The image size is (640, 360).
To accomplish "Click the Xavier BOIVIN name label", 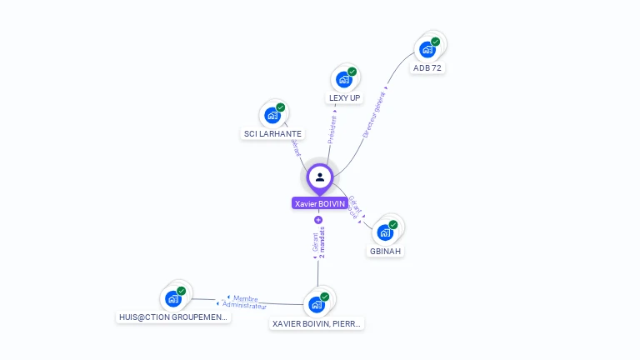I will pyautogui.click(x=320, y=203).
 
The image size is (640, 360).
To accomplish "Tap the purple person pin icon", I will pyautogui.click(x=320, y=177).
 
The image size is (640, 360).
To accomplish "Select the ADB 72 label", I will pyautogui.click(x=427, y=68).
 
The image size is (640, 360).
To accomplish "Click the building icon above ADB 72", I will pyautogui.click(x=427, y=49).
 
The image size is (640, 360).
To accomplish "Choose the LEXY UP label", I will pyautogui.click(x=345, y=97).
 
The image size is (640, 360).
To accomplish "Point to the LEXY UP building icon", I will pyautogui.click(x=344, y=79).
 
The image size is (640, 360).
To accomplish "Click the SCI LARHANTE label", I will pyautogui.click(x=272, y=133).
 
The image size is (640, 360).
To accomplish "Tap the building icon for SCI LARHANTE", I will pyautogui.click(x=272, y=115).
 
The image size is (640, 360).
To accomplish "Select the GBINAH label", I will pyautogui.click(x=386, y=251).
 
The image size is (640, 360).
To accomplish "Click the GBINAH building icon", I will pyautogui.click(x=385, y=232).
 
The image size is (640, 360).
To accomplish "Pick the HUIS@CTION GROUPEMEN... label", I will pyautogui.click(x=173, y=317).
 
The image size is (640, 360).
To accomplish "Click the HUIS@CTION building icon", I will pyautogui.click(x=173, y=298).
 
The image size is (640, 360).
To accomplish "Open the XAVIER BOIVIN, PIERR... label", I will pyautogui.click(x=317, y=323).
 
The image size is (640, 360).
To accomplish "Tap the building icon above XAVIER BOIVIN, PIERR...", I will pyautogui.click(x=317, y=304).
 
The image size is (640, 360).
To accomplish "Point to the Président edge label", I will pyautogui.click(x=333, y=128).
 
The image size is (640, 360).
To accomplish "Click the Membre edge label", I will pyautogui.click(x=245, y=298).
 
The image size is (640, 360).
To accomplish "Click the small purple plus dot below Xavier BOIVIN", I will pyautogui.click(x=318, y=220).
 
